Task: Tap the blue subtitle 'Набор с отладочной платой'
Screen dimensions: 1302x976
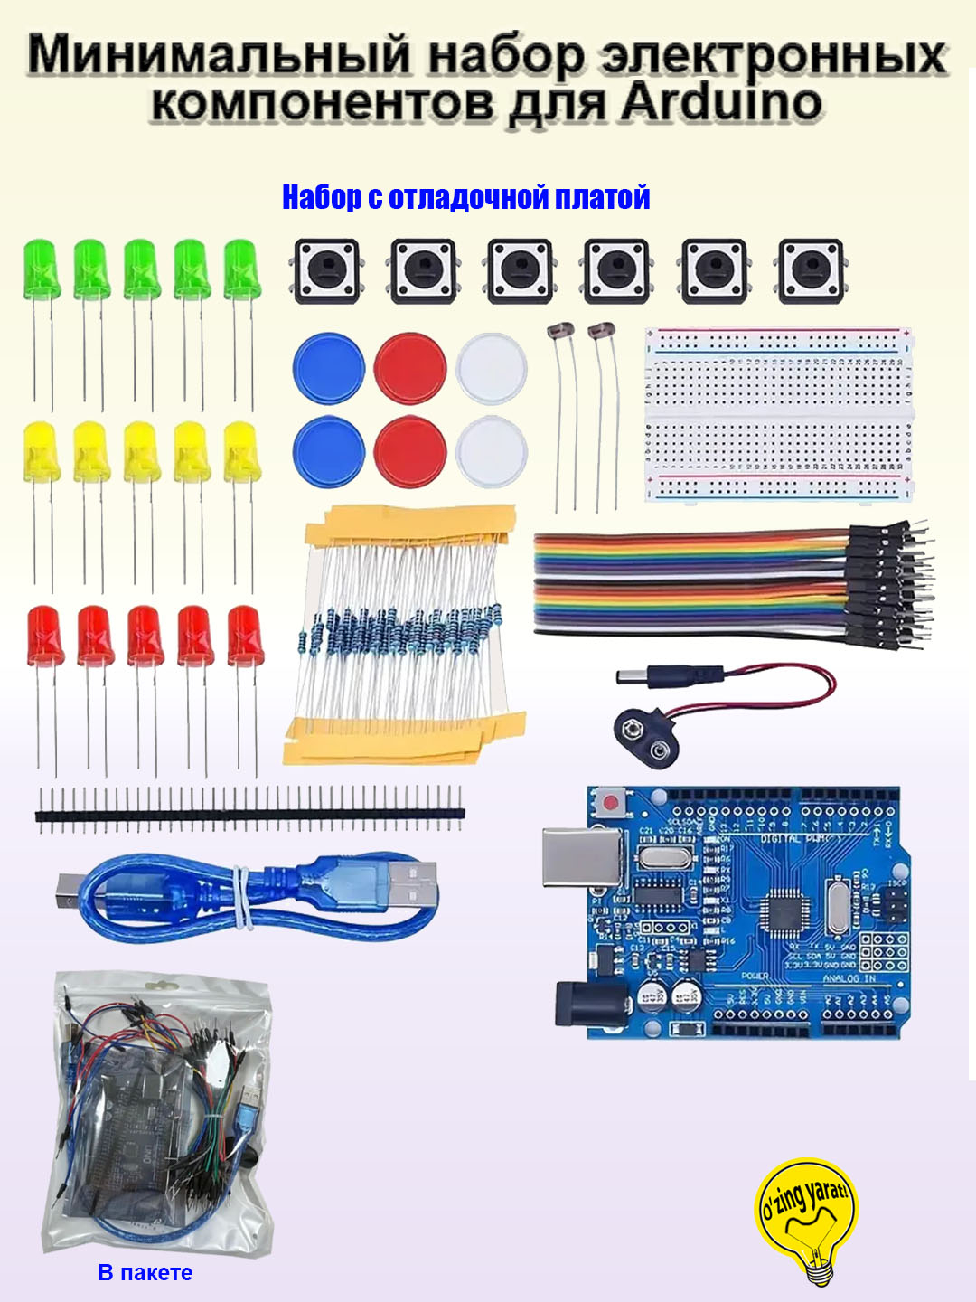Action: tap(465, 197)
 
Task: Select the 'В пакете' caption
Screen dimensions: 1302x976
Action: tap(145, 1272)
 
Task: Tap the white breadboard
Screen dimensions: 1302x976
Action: tap(777, 415)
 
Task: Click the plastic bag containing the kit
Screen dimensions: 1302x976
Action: tap(159, 1112)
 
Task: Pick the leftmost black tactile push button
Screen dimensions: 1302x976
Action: tap(325, 269)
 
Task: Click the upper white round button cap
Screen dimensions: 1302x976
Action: tap(492, 368)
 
